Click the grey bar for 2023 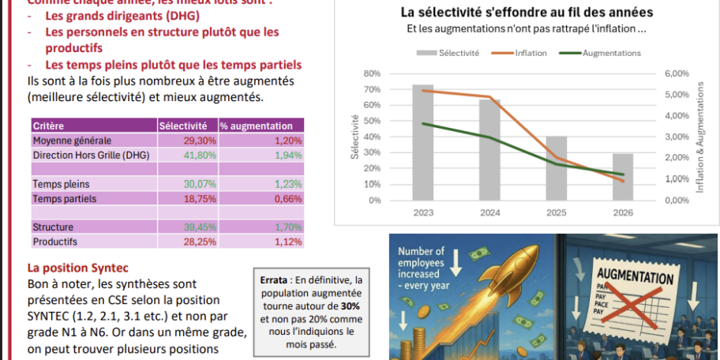pyautogui.click(x=422, y=142)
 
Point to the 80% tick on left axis pyautogui.click(x=372, y=73)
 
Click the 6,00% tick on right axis pyautogui.click(x=677, y=73)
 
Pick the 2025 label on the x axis pyautogui.click(x=556, y=212)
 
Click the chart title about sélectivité pyautogui.click(x=527, y=12)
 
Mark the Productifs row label pyautogui.click(x=54, y=242)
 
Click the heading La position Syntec pyautogui.click(x=77, y=268)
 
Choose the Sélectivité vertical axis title pyautogui.click(x=354, y=136)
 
